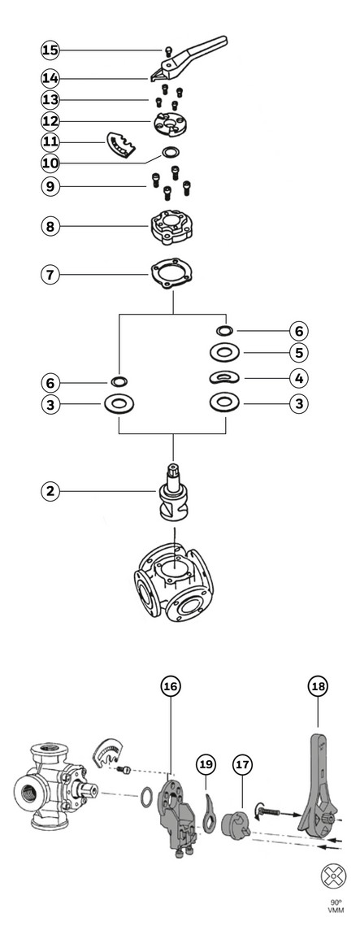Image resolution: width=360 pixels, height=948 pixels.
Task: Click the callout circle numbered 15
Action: (50, 50)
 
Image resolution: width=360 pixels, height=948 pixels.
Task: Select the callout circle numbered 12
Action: (50, 121)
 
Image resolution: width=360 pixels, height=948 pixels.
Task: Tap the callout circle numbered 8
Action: (50, 227)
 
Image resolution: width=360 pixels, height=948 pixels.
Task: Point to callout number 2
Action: (50, 491)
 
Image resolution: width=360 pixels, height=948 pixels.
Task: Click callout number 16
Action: (171, 685)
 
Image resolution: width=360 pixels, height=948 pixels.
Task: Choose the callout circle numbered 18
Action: (319, 685)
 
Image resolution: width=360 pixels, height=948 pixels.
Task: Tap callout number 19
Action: (206, 765)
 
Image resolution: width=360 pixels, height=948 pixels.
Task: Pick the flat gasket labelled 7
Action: (173, 275)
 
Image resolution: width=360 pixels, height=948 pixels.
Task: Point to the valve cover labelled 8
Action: (173, 227)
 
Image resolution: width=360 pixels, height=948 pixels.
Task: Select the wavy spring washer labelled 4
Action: (224, 378)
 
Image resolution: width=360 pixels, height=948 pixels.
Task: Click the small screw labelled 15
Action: (169, 50)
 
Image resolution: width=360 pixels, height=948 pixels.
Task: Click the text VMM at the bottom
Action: (336, 910)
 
